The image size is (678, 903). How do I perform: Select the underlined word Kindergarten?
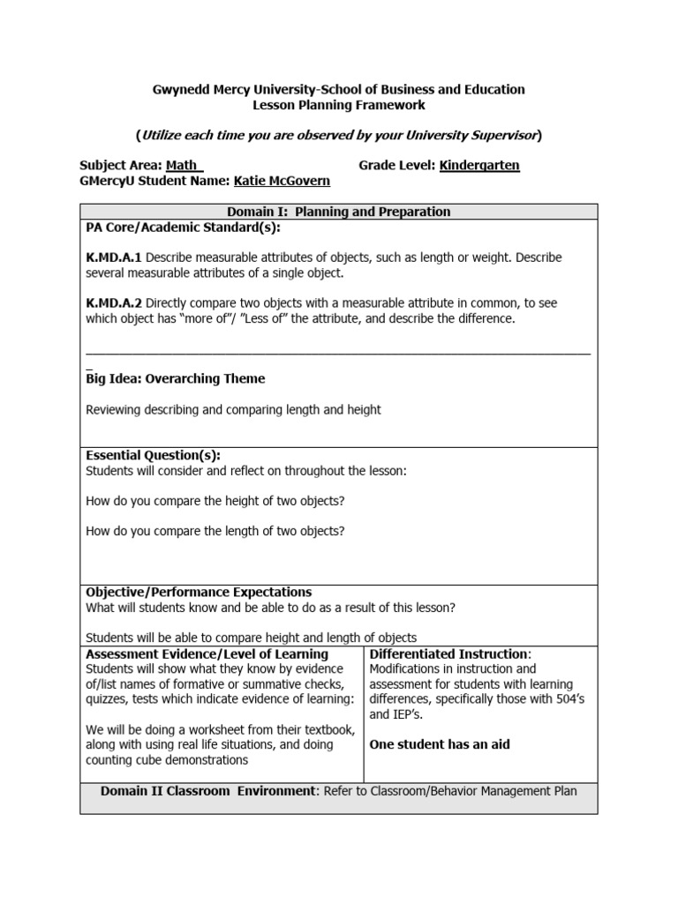(479, 165)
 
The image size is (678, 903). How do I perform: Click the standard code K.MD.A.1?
(114, 257)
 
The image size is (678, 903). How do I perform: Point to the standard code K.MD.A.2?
(114, 302)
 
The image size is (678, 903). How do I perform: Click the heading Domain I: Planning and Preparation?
(339, 212)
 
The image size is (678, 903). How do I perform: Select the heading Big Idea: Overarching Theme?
(175, 378)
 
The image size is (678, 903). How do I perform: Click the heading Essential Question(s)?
(153, 455)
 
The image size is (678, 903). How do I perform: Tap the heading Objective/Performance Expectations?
(199, 592)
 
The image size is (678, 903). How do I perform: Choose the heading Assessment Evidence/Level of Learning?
(207, 653)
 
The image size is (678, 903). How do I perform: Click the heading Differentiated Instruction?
(449, 653)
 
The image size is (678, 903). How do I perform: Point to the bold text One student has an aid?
(439, 744)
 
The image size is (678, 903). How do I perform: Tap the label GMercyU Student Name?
(154, 181)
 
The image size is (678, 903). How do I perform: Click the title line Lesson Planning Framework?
(339, 105)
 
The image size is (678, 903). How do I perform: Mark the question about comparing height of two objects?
(215, 501)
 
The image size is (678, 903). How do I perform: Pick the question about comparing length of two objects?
(215, 531)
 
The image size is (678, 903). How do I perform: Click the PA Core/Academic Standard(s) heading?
(183, 228)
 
